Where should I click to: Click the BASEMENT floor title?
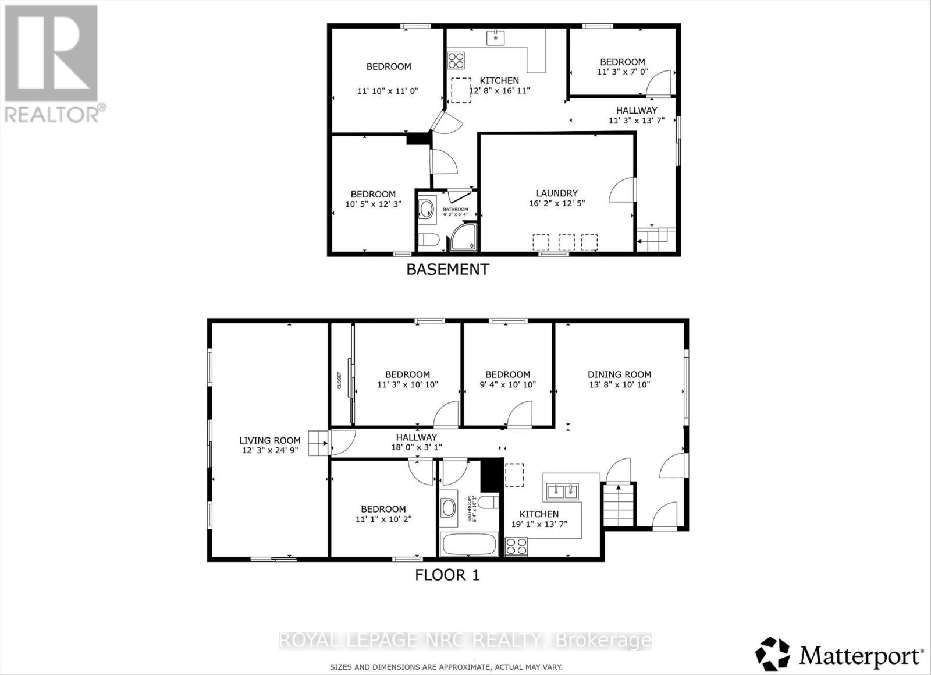click(447, 269)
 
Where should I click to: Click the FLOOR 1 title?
click(447, 575)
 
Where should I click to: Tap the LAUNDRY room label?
click(557, 193)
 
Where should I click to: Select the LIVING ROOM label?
click(270, 440)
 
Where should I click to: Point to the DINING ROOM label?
click(619, 374)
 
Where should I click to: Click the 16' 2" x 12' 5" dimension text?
click(557, 204)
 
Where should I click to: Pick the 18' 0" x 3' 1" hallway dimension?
click(417, 447)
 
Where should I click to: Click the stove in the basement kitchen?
click(456, 60)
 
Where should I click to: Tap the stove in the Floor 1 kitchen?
click(516, 547)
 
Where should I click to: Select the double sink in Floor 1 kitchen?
click(562, 492)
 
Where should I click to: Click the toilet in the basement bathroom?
click(429, 240)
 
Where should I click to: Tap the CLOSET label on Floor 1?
click(339, 381)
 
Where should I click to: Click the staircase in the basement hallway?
click(655, 238)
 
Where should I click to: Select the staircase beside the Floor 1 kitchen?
click(619, 503)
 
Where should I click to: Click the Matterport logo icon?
click(773, 654)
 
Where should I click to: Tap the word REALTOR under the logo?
click(52, 114)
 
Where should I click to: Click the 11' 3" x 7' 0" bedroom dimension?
click(623, 72)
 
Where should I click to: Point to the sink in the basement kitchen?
click(496, 38)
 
